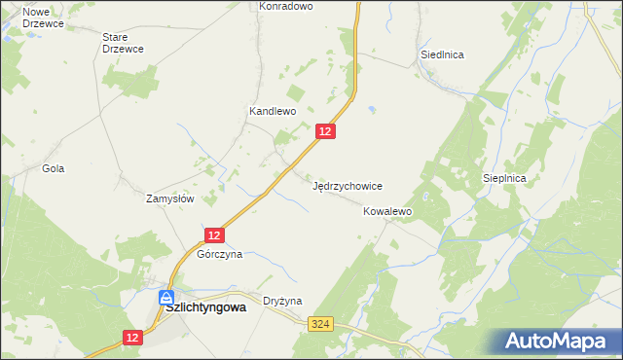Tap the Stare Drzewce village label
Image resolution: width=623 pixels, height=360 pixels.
[x=123, y=43]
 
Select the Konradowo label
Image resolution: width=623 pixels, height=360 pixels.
[x=285, y=6]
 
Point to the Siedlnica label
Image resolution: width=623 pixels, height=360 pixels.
[x=442, y=54]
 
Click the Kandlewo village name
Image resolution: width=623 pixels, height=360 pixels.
[x=272, y=112]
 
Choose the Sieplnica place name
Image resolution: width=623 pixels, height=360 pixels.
[x=504, y=179]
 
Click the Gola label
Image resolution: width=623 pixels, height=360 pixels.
[x=53, y=168]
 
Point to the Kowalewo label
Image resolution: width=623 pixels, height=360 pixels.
[x=388, y=211]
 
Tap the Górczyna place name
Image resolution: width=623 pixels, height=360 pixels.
[x=219, y=254]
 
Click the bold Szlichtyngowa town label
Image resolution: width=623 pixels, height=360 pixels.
[x=205, y=306]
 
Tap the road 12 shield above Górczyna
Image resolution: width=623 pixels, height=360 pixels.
[x=215, y=234]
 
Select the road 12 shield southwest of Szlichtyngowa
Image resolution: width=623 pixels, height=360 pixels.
[x=133, y=337]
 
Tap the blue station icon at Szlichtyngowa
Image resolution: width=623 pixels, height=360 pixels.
[x=167, y=296]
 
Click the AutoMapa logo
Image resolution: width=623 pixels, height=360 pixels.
[x=560, y=342]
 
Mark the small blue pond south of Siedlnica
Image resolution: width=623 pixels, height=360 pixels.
[x=371, y=109]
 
